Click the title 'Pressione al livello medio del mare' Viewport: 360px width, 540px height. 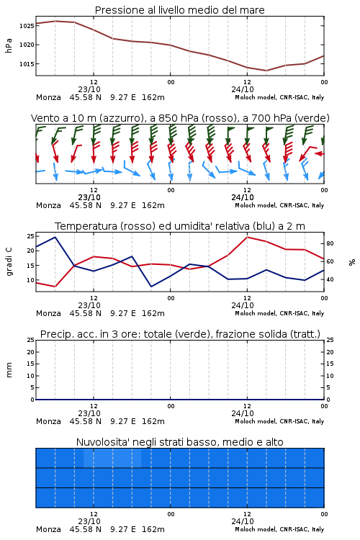(x=179, y=10)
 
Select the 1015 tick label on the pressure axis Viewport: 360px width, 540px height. (x=27, y=63)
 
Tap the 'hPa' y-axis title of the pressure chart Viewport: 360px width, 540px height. (x=9, y=45)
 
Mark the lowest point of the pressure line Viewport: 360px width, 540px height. (x=266, y=71)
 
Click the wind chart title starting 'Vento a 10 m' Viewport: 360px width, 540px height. (x=180, y=118)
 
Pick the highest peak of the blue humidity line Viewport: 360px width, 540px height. (x=55, y=237)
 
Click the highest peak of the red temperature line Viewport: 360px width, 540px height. (x=248, y=237)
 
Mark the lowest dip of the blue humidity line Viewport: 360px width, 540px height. (x=151, y=287)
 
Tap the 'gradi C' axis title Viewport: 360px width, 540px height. (x=9, y=262)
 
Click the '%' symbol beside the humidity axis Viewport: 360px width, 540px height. (x=352, y=262)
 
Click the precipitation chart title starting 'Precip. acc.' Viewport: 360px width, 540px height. (x=180, y=334)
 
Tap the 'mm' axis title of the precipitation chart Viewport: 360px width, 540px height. (x=9, y=370)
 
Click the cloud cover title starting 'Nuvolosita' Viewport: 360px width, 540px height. (x=179, y=442)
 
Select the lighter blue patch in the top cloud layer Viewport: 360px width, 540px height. (x=112, y=458)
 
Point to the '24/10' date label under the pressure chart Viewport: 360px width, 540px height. (x=243, y=89)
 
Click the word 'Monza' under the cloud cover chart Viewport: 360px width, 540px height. (x=48, y=529)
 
